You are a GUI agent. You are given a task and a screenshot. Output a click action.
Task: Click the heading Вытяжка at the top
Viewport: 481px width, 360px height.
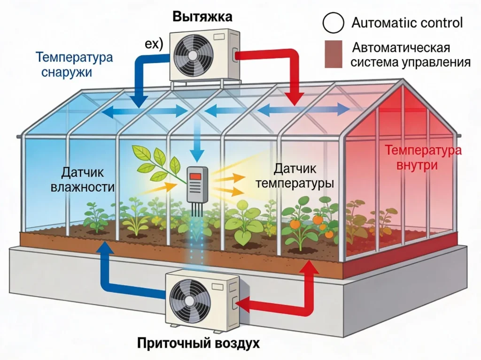tap(202, 17)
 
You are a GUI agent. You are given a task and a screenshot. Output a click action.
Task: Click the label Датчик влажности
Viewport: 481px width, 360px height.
tap(88, 180)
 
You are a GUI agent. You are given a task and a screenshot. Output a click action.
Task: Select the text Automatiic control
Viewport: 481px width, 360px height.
tap(407, 23)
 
